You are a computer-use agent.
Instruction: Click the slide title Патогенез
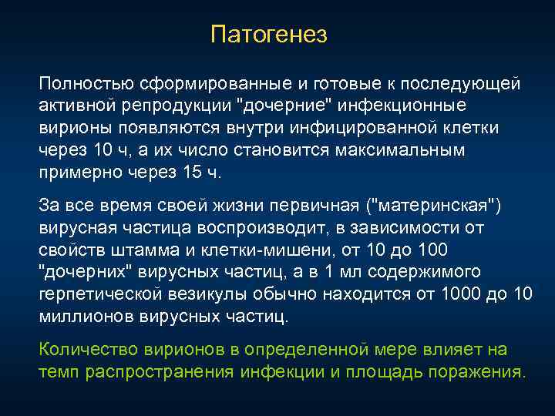(x=269, y=35)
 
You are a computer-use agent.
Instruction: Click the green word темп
(x=56, y=373)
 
